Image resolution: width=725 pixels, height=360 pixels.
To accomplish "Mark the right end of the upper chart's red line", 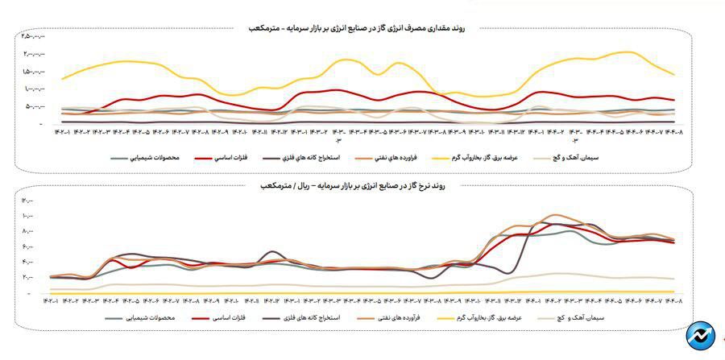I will (x=673, y=100).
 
